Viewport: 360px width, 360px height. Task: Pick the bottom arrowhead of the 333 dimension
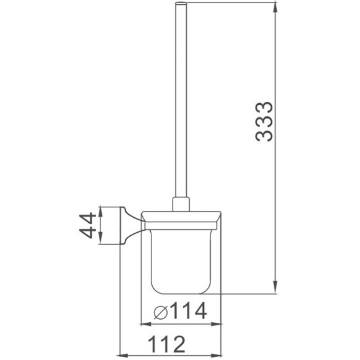pyautogui.click(x=274, y=286)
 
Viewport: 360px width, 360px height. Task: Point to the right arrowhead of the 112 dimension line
pyautogui.click(x=217, y=356)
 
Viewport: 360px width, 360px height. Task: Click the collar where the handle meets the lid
pyautogui.click(x=181, y=205)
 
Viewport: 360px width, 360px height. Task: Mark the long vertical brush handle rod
pyautogui.click(x=181, y=106)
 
